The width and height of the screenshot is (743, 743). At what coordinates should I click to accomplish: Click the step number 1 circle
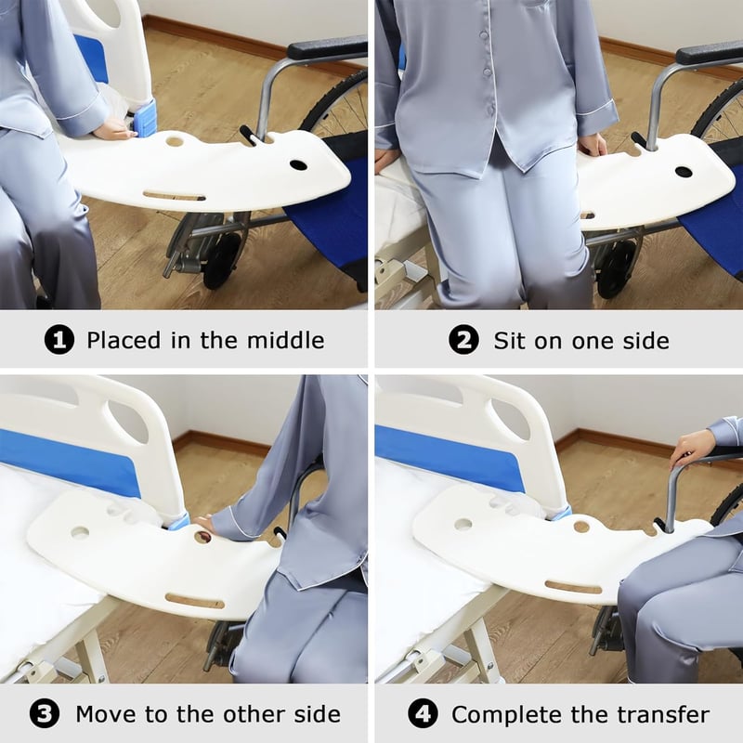point(59,340)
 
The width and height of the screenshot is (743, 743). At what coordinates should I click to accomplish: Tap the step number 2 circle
point(463,340)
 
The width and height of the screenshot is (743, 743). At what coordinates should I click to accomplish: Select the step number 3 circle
point(45,714)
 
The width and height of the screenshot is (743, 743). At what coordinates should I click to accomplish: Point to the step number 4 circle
point(423,714)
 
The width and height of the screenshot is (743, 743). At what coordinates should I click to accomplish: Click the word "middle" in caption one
point(286,340)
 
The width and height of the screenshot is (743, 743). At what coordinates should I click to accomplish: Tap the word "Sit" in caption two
point(510,340)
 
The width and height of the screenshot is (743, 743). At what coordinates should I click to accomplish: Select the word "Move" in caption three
point(107,714)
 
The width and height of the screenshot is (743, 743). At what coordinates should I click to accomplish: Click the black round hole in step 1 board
point(298,165)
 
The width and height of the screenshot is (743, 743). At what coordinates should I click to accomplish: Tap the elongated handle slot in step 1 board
point(174,195)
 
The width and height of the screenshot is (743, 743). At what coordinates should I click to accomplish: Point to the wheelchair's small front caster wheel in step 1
point(222,260)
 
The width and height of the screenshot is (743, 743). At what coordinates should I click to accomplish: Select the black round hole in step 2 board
point(684,172)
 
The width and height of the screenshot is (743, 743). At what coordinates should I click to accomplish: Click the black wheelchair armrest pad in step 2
point(710,54)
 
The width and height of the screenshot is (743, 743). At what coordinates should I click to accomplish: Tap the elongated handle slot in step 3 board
point(195,601)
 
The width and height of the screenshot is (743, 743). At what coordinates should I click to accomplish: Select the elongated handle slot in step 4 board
point(573,588)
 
